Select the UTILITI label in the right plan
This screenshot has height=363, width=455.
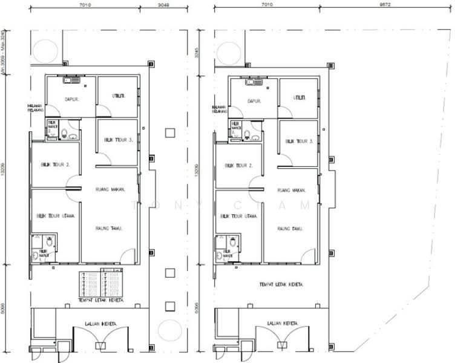pyautogui.click(x=300, y=97)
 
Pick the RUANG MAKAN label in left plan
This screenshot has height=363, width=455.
pyautogui.click(x=110, y=190)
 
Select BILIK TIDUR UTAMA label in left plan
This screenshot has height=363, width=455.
pyautogui.click(x=55, y=215)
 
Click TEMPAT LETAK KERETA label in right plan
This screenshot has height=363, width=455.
pyautogui.click(x=280, y=284)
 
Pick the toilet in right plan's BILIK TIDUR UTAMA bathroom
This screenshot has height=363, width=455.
pyautogui.click(x=232, y=241)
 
